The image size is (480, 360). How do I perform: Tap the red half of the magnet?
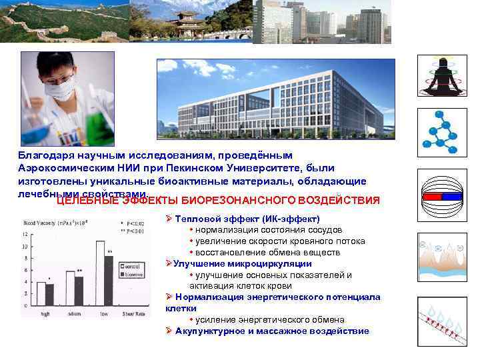click(434, 197)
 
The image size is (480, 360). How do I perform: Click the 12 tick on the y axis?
click(26, 233)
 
